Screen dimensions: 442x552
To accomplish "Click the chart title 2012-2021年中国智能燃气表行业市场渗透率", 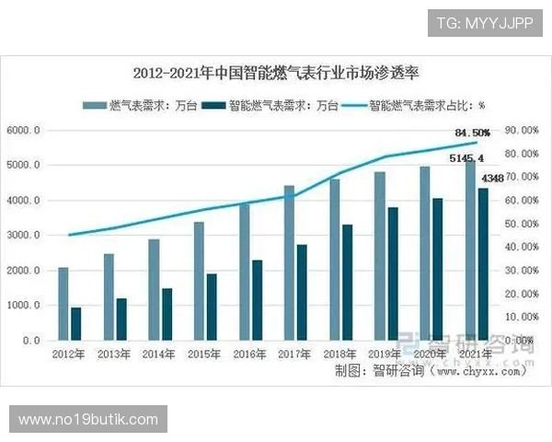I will [x=276, y=73].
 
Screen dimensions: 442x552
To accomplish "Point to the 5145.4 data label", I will [x=466, y=157].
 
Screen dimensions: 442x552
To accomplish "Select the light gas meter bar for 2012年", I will [x=63, y=304].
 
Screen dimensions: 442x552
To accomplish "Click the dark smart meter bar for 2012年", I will [x=75, y=323].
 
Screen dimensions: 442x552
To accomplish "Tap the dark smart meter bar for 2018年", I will [x=347, y=282].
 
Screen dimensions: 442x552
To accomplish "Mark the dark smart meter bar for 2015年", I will [x=212, y=307].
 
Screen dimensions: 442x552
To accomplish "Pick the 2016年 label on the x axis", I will [x=249, y=354].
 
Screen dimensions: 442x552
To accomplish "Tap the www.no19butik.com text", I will [x=88, y=420].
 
